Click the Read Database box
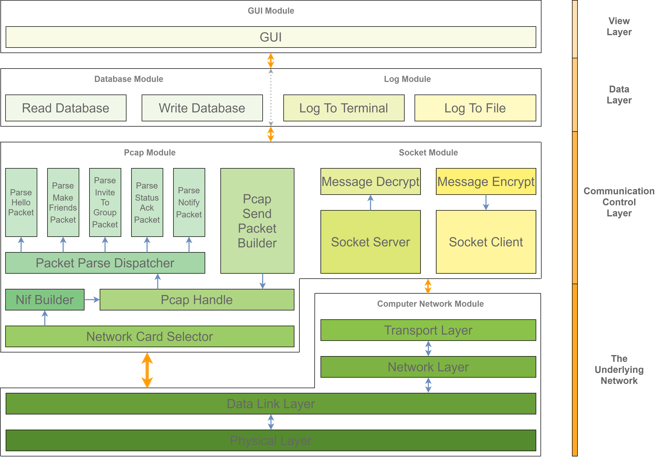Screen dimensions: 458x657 point(66,108)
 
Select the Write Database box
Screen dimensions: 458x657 point(202,108)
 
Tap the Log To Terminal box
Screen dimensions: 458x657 point(344,108)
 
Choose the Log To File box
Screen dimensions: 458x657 point(475,108)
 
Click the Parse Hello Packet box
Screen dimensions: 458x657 point(21,202)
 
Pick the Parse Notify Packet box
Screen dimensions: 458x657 point(189,202)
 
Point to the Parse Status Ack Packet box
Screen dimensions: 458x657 point(147,202)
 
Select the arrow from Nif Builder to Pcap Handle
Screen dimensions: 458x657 point(92,300)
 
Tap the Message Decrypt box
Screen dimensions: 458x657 point(370,182)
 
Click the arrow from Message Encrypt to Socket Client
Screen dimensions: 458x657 point(486,203)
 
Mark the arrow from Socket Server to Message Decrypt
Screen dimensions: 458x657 point(370,203)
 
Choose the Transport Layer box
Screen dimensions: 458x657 point(428,330)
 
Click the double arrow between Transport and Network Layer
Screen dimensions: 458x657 point(428,349)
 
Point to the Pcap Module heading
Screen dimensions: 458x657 point(150,152)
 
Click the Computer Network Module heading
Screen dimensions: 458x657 point(430,304)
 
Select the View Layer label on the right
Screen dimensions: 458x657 point(619,26)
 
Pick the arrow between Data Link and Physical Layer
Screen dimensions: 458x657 point(271,422)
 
